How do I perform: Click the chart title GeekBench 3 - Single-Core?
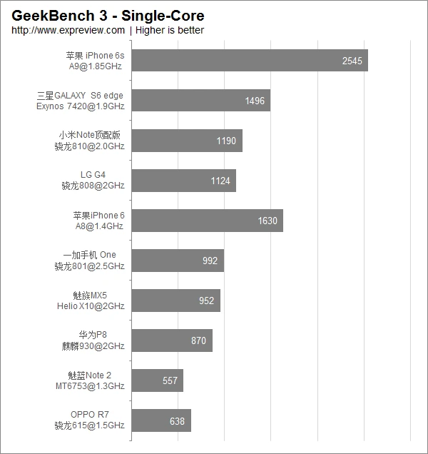108,15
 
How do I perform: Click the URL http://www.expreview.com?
68,30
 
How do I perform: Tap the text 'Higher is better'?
170,30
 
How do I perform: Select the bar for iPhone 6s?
250,61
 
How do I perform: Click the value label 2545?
352,61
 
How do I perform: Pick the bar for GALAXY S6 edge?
201,101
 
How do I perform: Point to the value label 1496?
255,101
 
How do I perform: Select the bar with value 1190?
187,141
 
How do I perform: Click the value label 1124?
220,181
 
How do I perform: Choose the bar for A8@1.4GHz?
208,221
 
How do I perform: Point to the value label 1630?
267,221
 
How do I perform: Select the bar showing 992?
178,261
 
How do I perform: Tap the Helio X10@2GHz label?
91,306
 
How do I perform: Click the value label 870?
198,340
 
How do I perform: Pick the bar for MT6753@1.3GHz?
158,380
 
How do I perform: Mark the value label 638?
177,420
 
